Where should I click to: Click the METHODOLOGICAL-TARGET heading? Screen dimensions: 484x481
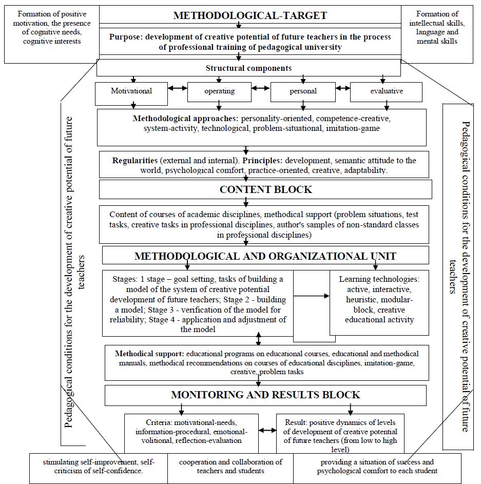coord(250,15)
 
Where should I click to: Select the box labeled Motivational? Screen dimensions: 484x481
coord(132,91)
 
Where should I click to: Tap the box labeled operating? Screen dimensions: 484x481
coord(219,91)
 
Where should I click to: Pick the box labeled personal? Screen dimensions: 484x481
coord(303,91)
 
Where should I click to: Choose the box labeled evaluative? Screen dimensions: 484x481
coord(386,91)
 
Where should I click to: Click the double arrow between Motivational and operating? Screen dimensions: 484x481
coord(177,88)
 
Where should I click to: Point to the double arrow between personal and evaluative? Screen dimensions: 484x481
coord(343,88)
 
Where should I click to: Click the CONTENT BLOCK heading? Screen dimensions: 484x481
coord(265,189)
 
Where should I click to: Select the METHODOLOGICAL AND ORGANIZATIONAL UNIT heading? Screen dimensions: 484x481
coord(265,256)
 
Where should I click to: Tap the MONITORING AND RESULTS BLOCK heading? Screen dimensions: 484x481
coord(265,395)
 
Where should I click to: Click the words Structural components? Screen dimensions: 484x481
coord(248,68)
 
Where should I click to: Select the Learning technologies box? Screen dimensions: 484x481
coord(379,300)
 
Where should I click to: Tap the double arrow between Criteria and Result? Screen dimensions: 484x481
coord(267,431)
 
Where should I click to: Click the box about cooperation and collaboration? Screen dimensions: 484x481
coord(230,467)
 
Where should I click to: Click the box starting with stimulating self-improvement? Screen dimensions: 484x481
coord(98,467)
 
